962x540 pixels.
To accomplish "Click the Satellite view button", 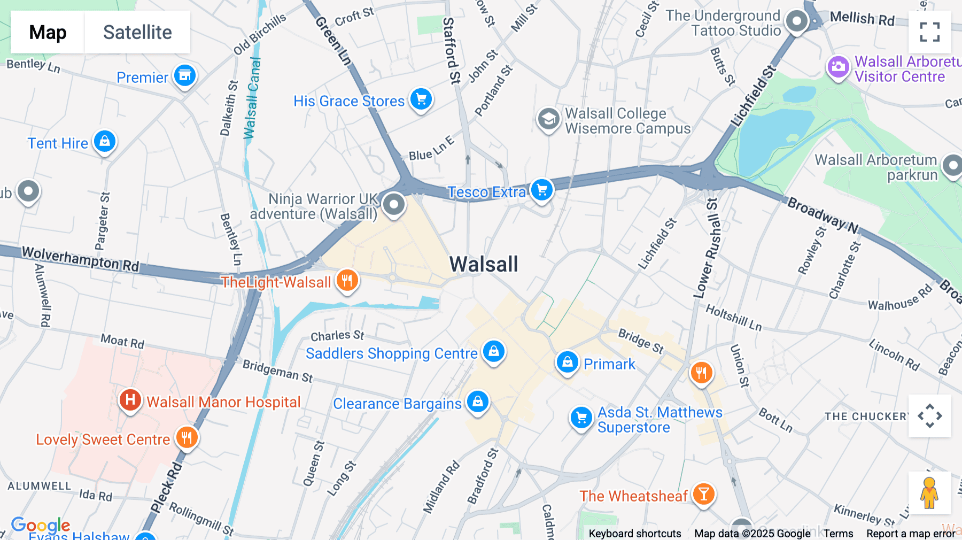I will click(x=137, y=33).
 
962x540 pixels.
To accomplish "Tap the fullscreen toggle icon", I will click(x=929, y=32).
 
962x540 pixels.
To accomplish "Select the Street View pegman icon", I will click(x=929, y=492).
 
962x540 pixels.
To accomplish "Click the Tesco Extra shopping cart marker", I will click(x=542, y=190).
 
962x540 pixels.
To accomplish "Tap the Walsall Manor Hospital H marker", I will click(x=130, y=400).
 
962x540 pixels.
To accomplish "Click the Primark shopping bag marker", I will click(x=567, y=362).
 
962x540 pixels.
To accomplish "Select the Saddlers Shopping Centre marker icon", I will click(x=494, y=351).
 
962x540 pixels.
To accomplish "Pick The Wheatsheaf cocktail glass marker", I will click(x=703, y=494).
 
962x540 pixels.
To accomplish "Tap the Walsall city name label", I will click(x=484, y=264).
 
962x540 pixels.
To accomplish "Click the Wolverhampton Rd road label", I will click(x=80, y=259).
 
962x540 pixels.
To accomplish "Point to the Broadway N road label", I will click(x=823, y=215).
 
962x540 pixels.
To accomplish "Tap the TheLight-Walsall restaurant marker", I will click(x=347, y=280).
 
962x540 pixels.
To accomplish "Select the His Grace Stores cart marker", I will click(x=421, y=99).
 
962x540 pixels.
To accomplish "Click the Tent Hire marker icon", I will click(x=105, y=141).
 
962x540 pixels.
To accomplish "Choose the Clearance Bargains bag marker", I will click(x=478, y=401).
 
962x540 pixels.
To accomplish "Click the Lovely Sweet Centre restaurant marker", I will click(x=187, y=437).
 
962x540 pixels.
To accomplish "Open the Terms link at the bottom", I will click(x=838, y=534).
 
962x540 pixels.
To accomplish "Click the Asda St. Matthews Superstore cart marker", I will click(x=581, y=418).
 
